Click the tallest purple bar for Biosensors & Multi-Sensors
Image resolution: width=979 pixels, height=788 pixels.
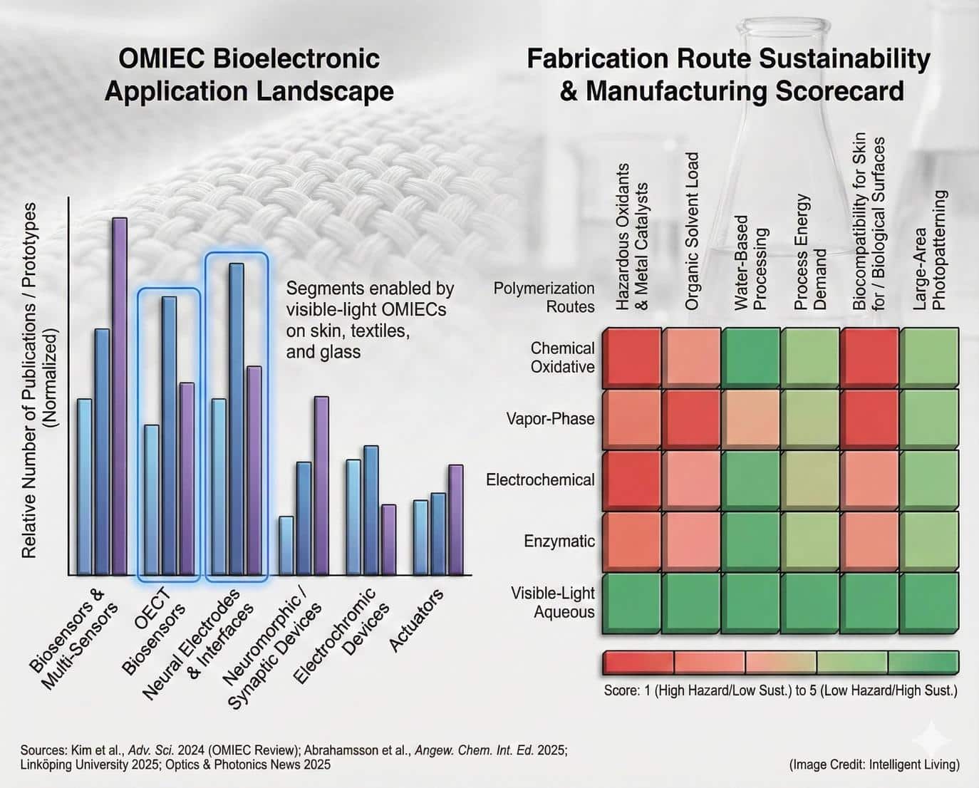pyautogui.click(x=120, y=396)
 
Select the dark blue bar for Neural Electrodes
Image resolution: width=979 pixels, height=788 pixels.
pyautogui.click(x=237, y=419)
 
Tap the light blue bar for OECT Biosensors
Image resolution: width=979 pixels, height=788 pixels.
pyautogui.click(x=152, y=500)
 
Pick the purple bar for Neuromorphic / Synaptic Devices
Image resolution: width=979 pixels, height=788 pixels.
pyautogui.click(x=321, y=485)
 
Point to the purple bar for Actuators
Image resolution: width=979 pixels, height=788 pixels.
pyautogui.click(x=456, y=519)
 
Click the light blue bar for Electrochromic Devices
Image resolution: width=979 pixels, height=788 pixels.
pyautogui.click(x=353, y=517)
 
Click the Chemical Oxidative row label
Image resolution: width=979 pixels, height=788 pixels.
pyautogui.click(x=562, y=357)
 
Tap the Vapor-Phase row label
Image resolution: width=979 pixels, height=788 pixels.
pyautogui.click(x=551, y=418)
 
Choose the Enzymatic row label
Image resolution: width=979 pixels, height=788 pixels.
pyautogui.click(x=559, y=541)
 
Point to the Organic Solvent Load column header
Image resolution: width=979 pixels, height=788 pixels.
pyautogui.click(x=691, y=231)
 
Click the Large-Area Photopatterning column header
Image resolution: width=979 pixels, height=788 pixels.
pyautogui.click(x=930, y=250)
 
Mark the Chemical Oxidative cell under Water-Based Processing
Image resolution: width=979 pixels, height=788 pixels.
pyautogui.click(x=750, y=358)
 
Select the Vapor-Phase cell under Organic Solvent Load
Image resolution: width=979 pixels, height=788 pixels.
pyautogui.click(x=691, y=419)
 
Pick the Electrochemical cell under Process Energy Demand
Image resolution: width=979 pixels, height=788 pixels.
pyautogui.click(x=810, y=480)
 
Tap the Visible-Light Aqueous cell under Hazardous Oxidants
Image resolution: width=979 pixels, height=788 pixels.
pyautogui.click(x=632, y=603)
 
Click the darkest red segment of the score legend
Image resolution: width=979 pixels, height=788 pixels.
pyautogui.click(x=638, y=663)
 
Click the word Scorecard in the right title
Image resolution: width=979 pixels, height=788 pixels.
pyautogui.click(x=840, y=90)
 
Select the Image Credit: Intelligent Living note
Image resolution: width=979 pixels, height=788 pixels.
pyautogui.click(x=874, y=764)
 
